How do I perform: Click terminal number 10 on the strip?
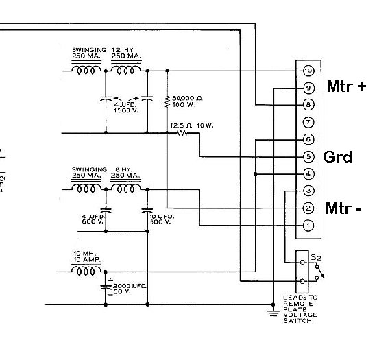point(308,71)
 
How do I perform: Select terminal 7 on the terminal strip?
point(308,123)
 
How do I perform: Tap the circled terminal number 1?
point(308,226)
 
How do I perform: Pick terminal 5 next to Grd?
point(308,157)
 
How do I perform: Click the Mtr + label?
point(346,86)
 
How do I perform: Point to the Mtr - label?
point(343,208)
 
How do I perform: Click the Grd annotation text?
point(337,157)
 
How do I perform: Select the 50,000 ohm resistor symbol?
point(167,101)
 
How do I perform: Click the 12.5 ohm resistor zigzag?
point(182,133)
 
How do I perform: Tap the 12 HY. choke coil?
point(126,70)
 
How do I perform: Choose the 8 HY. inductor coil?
point(125,189)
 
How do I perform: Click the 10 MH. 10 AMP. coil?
point(86,271)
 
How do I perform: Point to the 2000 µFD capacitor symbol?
point(106,287)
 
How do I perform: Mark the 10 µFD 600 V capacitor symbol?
point(147,211)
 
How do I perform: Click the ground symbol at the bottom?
point(273,313)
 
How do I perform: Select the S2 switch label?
point(316,258)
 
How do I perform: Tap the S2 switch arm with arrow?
point(320,272)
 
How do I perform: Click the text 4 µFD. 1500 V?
point(125,108)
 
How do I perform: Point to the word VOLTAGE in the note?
point(300,315)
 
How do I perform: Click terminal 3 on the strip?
point(308,191)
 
